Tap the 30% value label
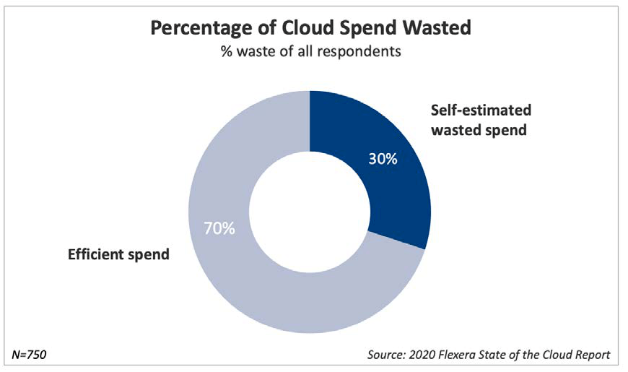pos(383,159)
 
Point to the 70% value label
pos(219,228)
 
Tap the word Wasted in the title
pos(437,27)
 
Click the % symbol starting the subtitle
pos(227,51)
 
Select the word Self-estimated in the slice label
pos(481,110)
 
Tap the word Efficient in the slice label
pos(95,254)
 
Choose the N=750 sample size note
pos(29,355)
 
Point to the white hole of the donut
pos(310,212)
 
